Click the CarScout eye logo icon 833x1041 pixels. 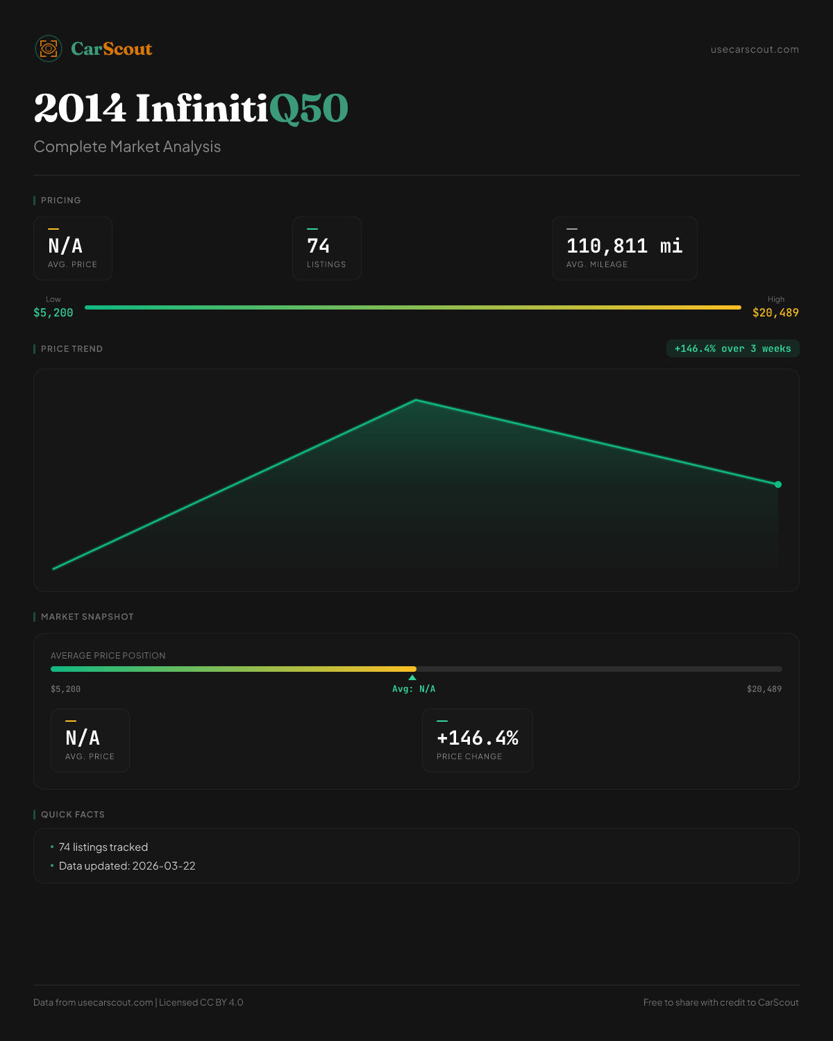[49, 49]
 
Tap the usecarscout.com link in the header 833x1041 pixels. [755, 49]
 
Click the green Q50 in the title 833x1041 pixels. [308, 109]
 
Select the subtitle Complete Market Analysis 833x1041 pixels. [127, 146]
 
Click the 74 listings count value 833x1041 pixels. [319, 246]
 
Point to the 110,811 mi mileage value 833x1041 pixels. [624, 246]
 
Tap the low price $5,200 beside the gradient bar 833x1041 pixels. [53, 313]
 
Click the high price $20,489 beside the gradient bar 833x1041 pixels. [775, 313]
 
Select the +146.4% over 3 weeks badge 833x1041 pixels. [732, 348]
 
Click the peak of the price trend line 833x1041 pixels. [416, 400]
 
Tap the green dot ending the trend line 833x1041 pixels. [778, 484]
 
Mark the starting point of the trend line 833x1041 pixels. [53, 569]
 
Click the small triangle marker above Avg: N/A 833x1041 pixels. [412, 677]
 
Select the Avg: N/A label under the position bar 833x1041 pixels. [414, 689]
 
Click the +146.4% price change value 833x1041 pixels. [478, 738]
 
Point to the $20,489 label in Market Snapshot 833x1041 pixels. [764, 689]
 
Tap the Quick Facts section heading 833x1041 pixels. [73, 814]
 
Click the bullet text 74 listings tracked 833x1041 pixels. [103, 847]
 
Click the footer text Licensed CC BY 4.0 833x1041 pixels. [201, 1002]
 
